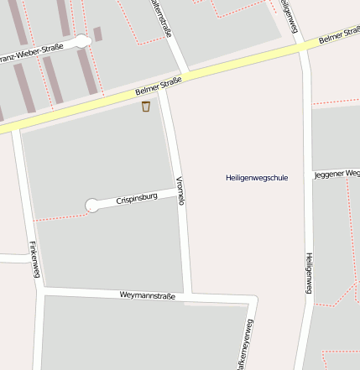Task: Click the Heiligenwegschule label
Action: coord(257,178)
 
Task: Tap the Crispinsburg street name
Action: coord(137,199)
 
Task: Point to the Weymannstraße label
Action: coord(147,295)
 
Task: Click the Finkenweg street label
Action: coord(34,260)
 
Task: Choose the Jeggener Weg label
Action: coord(337,175)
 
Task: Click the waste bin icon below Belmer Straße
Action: coord(146,107)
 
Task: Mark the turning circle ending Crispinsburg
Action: coord(92,206)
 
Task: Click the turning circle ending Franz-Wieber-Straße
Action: coord(81,42)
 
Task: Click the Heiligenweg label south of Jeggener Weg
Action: coord(308,273)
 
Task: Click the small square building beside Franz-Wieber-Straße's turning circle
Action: coord(97,34)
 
